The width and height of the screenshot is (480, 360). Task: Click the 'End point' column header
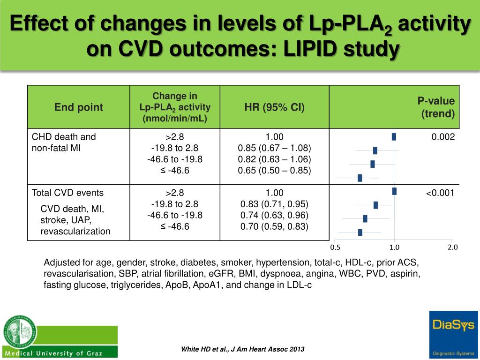coord(78,107)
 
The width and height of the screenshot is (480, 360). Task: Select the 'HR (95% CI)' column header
coord(274,107)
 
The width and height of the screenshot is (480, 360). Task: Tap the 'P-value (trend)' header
coord(436,107)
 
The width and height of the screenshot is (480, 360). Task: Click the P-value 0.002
coord(443,137)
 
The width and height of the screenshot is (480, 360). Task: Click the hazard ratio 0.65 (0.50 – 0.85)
coord(274,171)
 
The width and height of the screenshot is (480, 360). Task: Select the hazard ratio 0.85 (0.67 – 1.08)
coord(274,148)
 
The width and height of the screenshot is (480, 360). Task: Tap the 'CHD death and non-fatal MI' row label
coord(63,142)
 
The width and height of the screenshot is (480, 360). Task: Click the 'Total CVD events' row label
coord(67,193)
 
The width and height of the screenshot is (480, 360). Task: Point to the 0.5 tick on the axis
coord(335,247)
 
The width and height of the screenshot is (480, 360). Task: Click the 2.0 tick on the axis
coord(452,247)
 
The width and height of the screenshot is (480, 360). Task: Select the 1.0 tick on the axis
coord(394,247)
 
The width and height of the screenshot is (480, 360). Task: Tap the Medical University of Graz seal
coord(19,331)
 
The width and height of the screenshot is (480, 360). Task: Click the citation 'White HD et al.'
coord(242,349)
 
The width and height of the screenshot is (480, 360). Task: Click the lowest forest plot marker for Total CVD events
coord(360,232)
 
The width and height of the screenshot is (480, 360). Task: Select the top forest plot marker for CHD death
coord(394,137)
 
